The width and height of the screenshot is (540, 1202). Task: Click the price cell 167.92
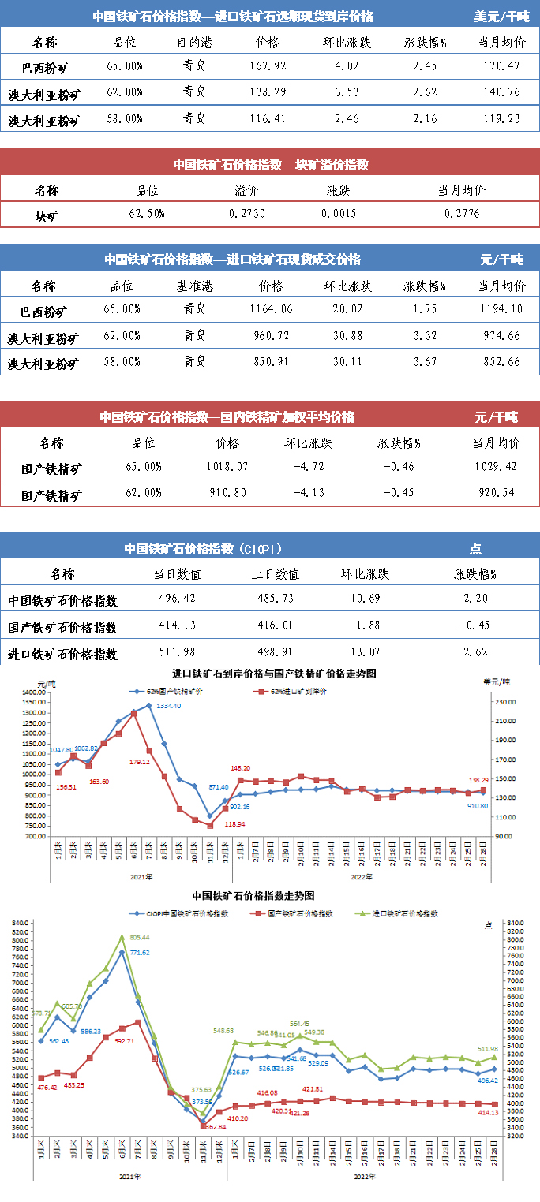coord(268,66)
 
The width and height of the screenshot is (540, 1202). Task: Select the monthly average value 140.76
coord(501,92)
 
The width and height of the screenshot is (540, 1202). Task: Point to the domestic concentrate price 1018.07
coord(227,467)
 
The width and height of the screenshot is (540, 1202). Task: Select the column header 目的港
coord(193,42)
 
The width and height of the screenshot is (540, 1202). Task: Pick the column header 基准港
coord(193,286)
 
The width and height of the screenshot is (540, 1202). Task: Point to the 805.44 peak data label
coord(139,937)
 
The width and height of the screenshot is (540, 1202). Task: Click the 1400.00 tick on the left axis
coord(34,692)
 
